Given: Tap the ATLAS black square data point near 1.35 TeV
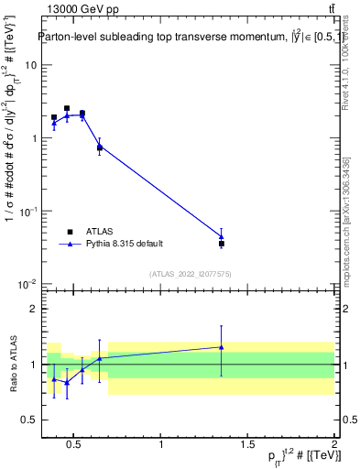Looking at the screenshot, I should point(222,244).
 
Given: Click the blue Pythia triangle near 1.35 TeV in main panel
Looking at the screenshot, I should point(222,236).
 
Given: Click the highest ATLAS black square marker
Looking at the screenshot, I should point(67,108).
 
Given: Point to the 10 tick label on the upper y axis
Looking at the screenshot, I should point(30,65).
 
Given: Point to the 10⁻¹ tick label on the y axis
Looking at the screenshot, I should point(28,211).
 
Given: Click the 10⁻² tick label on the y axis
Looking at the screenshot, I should point(28,284).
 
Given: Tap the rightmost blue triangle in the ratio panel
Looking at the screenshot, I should point(222,347).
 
